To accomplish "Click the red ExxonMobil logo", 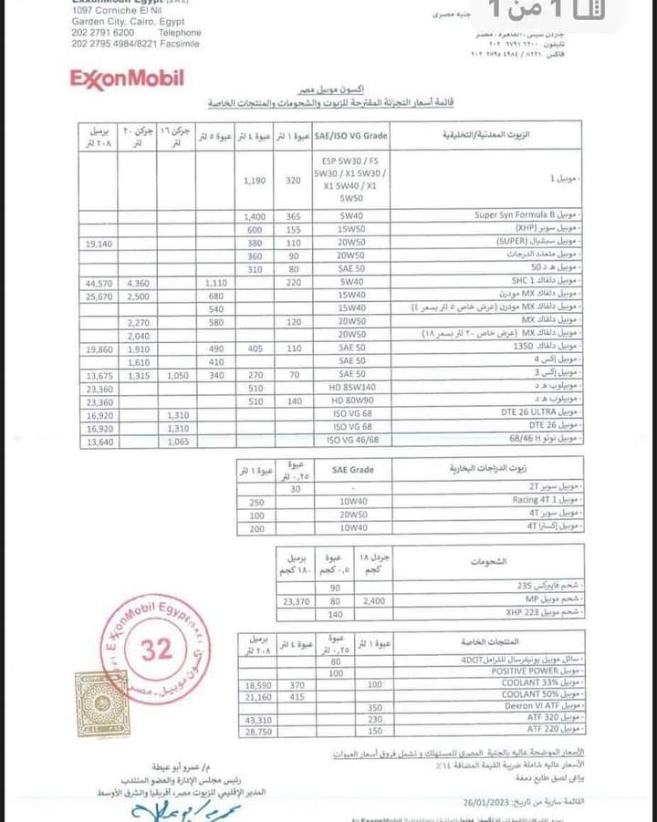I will [x=127, y=78].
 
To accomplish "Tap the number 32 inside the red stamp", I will [x=157, y=649].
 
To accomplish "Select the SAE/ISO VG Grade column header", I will [x=349, y=136].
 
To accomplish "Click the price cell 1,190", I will [x=255, y=181].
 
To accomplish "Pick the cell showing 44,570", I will [x=96, y=284].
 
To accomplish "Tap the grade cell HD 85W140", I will [x=349, y=387].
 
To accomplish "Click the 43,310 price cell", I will [x=260, y=720].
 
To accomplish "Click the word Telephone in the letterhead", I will [x=179, y=32].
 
